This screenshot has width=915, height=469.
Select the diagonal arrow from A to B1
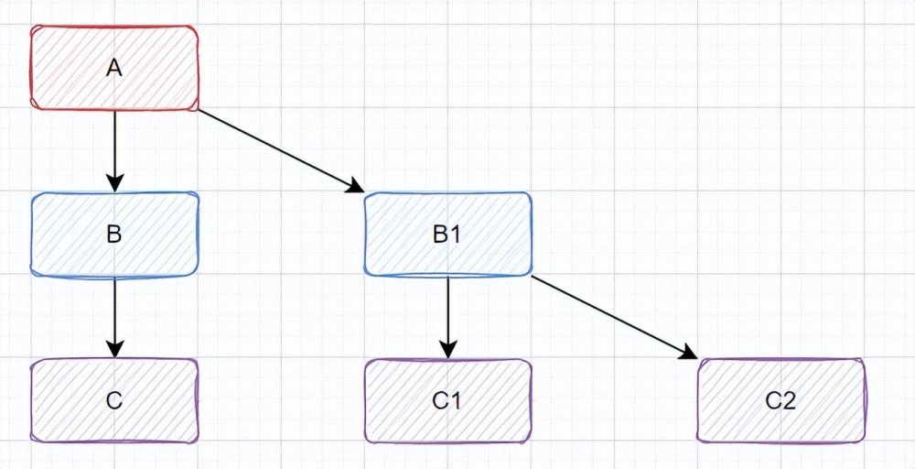click(x=274, y=148)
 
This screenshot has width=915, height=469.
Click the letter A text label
click(x=114, y=68)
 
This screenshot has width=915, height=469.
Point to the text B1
click(x=447, y=234)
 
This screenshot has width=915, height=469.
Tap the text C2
click(x=780, y=401)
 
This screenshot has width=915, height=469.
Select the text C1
click(x=447, y=401)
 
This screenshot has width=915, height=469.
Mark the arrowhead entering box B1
click(x=355, y=187)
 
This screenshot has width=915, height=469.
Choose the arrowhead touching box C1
click(x=447, y=349)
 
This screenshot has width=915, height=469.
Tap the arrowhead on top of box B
click(x=114, y=182)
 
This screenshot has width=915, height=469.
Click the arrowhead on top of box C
click(x=114, y=349)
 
